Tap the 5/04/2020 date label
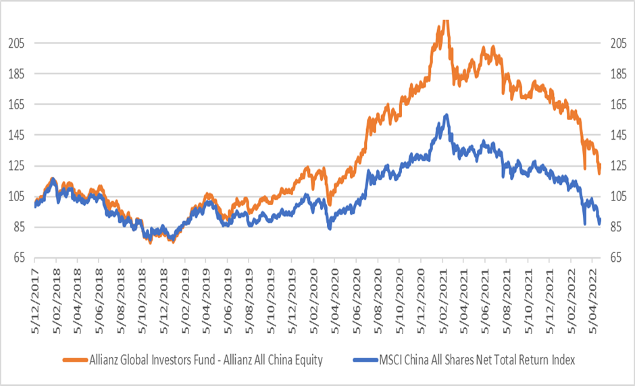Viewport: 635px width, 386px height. [335, 296]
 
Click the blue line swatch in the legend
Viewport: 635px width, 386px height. [346, 360]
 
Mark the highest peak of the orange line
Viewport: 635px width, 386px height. [444, 21]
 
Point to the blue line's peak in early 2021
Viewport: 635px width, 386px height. [446, 115]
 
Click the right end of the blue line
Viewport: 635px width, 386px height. [599, 222]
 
